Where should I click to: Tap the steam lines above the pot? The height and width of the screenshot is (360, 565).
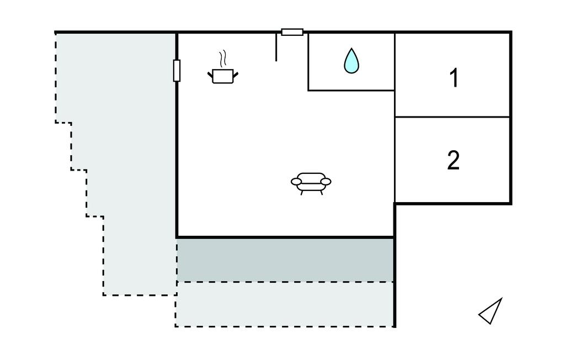[223, 58]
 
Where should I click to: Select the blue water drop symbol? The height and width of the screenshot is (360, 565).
[351, 60]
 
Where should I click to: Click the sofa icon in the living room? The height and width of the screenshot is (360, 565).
[311, 183]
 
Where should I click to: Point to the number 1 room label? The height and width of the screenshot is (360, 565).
[454, 77]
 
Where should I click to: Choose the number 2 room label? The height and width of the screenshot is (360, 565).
[454, 160]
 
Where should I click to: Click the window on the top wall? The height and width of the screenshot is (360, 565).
[292, 32]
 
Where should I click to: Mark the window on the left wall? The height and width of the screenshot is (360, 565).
[177, 71]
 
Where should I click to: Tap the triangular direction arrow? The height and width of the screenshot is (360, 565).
[491, 311]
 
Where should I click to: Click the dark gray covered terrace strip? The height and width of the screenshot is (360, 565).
[285, 260]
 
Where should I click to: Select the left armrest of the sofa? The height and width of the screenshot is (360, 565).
[296, 182]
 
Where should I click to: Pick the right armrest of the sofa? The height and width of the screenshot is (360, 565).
[326, 182]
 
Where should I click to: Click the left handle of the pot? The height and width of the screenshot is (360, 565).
[210, 75]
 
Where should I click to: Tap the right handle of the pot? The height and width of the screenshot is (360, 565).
[236, 75]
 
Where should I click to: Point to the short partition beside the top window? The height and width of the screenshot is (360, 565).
[276, 47]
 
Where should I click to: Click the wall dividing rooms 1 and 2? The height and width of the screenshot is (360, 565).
[452, 117]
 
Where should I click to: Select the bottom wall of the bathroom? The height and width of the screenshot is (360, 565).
[351, 90]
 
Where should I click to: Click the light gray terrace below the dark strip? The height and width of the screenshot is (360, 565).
[285, 304]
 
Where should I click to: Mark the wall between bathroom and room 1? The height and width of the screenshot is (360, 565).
[395, 62]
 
